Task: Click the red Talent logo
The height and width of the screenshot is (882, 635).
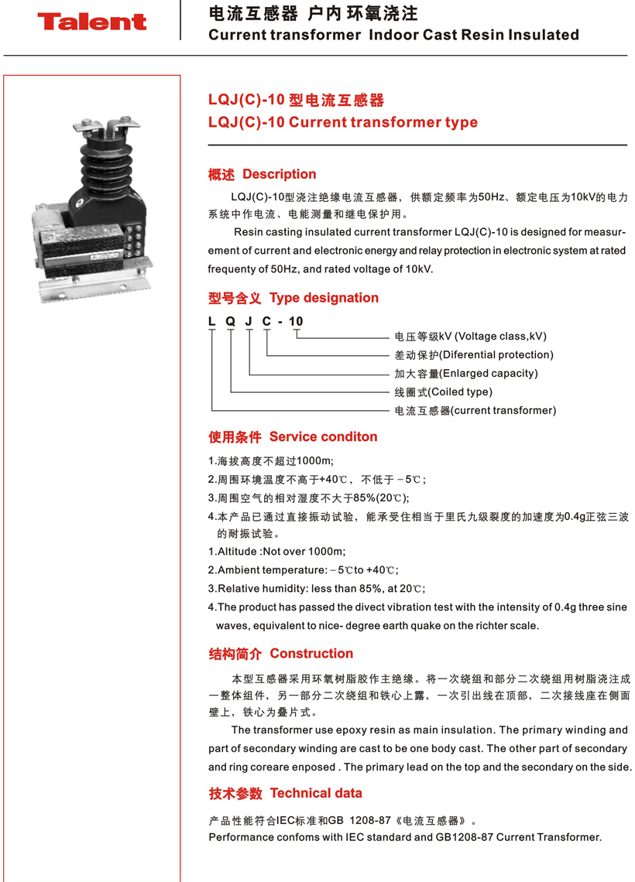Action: click(91, 22)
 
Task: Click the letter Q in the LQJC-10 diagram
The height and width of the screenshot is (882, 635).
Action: click(230, 321)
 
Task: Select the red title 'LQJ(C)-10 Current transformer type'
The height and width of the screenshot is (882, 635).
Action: click(343, 122)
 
